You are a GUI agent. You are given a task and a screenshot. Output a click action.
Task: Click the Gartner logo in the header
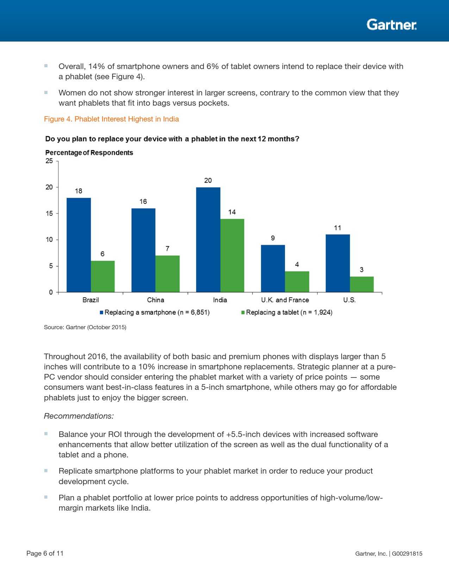point(391,25)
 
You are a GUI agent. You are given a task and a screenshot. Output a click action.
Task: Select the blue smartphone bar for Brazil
point(79,245)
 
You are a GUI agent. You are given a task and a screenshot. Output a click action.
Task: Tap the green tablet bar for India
point(232,255)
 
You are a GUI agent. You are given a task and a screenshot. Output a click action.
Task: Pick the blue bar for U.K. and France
point(273,268)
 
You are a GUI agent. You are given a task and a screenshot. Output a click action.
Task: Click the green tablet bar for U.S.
point(362,284)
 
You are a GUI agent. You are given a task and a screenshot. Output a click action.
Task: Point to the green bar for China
point(167,274)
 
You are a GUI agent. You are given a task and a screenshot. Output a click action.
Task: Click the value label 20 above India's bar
point(208,181)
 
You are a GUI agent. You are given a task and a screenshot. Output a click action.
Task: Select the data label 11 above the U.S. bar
point(337,228)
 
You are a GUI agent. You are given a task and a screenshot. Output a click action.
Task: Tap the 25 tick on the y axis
point(49,161)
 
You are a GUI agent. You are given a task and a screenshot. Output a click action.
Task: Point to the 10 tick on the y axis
point(49,240)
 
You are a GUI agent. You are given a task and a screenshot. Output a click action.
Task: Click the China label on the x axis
point(155,300)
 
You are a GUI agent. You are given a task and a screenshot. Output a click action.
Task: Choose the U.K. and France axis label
point(285,300)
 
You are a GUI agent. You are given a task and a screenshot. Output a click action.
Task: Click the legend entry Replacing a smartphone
point(155,312)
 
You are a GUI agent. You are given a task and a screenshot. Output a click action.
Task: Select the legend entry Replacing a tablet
point(287,312)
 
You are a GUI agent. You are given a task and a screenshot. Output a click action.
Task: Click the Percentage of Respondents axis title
point(89,153)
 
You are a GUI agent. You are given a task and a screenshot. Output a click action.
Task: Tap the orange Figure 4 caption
point(111,119)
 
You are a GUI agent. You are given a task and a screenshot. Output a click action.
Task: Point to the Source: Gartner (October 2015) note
point(85,327)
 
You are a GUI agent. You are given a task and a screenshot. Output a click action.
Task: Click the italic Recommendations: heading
point(79,416)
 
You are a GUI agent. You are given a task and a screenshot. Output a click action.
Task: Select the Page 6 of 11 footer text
point(45,553)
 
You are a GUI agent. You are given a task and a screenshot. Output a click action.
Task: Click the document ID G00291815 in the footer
point(407,554)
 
